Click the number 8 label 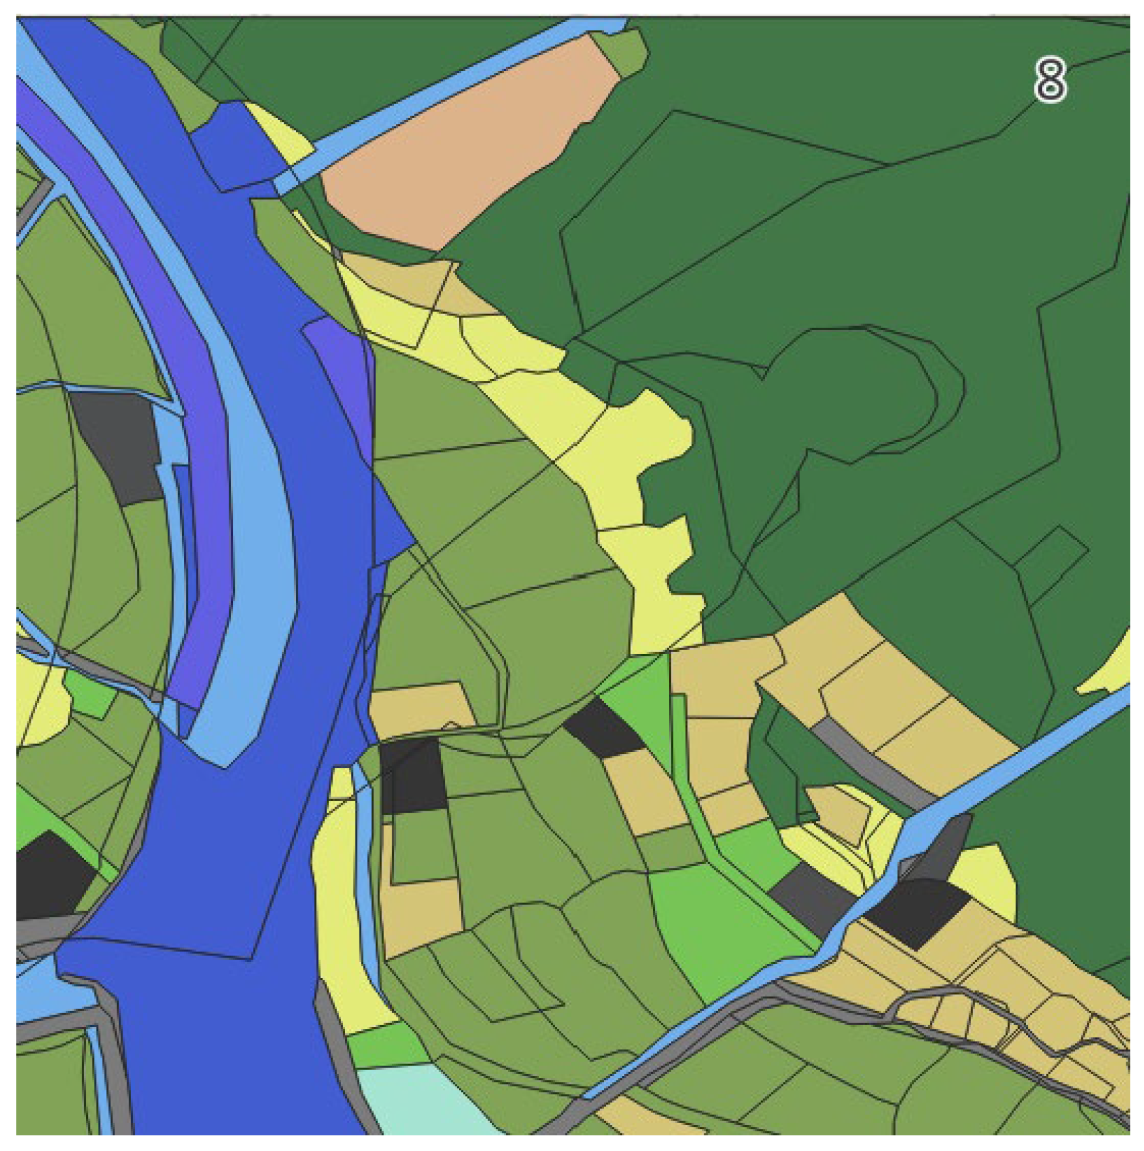click(1049, 80)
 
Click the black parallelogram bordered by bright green click(603, 727)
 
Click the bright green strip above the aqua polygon click(385, 1043)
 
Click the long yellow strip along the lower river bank click(339, 913)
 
